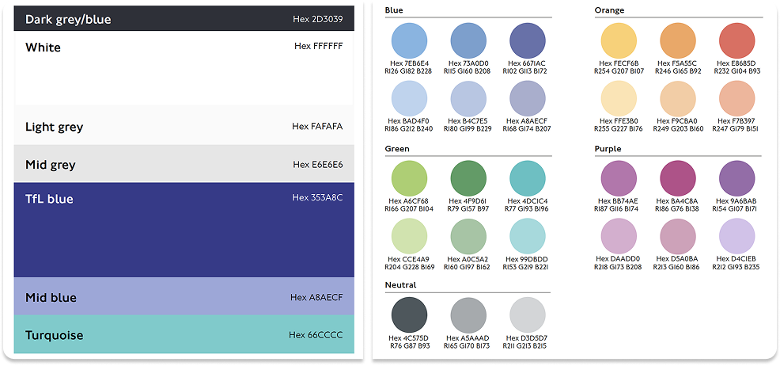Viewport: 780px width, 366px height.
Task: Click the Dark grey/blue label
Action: [x=68, y=19]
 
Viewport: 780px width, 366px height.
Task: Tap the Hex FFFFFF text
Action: [x=318, y=46]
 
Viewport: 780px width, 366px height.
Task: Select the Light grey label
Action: [x=54, y=127]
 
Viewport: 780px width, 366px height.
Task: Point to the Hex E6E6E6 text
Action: [x=317, y=165]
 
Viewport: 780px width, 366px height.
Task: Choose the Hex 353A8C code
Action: [x=317, y=198]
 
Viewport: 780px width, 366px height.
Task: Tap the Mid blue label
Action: [x=51, y=298]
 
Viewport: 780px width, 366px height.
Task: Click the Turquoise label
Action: [x=54, y=335]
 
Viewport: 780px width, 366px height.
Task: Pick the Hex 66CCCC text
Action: [x=316, y=335]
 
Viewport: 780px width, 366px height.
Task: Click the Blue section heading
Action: [x=394, y=10]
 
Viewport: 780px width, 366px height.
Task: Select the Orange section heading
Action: [x=609, y=10]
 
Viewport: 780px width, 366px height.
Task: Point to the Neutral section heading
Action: [x=400, y=284]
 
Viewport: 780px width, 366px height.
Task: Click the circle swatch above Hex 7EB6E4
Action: [x=410, y=40]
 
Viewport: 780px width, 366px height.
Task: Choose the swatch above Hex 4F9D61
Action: [x=468, y=177]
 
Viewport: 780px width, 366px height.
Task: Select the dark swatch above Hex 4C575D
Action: [x=410, y=315]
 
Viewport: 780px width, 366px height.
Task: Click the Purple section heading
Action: [x=609, y=148]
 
